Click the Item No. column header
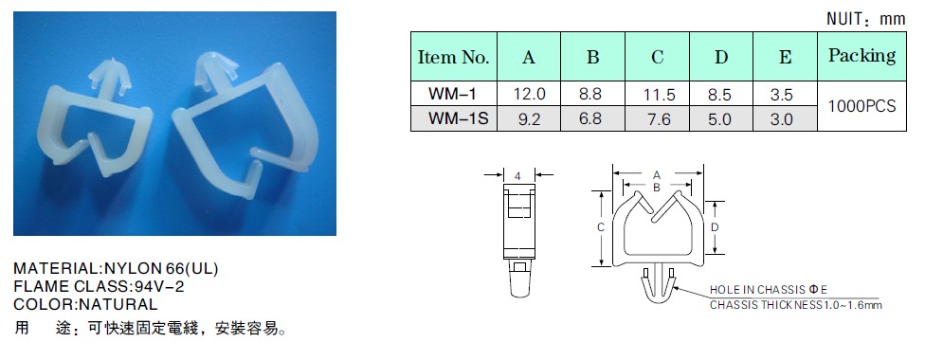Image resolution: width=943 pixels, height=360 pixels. coord(453,57)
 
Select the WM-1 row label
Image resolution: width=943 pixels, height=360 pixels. coord(453,94)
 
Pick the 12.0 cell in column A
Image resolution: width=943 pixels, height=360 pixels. coord(529,94)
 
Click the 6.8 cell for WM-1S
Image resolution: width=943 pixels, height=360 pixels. coord(592,118)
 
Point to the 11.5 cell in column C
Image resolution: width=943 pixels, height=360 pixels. coord(658,95)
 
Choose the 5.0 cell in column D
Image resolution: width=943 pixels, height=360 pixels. coord(720,119)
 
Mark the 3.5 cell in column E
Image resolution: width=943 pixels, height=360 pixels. coord(784,95)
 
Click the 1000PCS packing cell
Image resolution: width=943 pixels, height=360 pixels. coord(861,106)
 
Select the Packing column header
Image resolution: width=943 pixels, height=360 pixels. coord(861,56)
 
